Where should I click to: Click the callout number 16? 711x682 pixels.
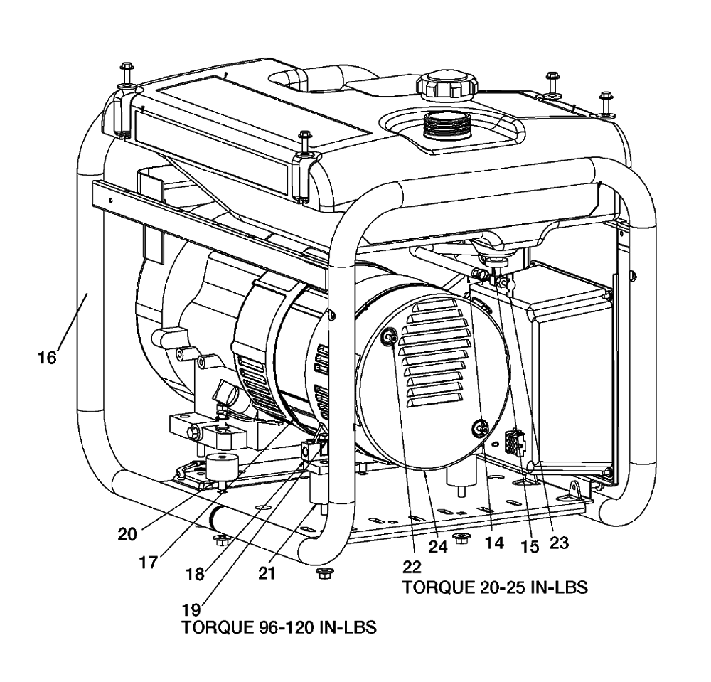pos(47,358)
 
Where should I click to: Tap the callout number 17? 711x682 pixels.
pos(148,563)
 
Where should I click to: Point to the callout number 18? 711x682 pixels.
pos(195,575)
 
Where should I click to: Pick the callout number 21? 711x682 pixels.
pos(267,574)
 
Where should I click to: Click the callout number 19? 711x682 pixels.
pos(191,609)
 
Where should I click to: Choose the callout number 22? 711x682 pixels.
pos(412,567)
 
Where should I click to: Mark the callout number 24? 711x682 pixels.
pos(438,546)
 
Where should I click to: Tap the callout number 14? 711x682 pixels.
pos(494,543)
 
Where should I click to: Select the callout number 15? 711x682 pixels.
pos(530,546)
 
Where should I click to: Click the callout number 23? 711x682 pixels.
pos(559,543)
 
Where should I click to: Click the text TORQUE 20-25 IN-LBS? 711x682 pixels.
pos(495,587)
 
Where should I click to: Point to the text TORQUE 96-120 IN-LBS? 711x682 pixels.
pos(279,627)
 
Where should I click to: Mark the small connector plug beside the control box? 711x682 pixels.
pos(514,442)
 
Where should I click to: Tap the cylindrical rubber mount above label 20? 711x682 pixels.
pos(222,467)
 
